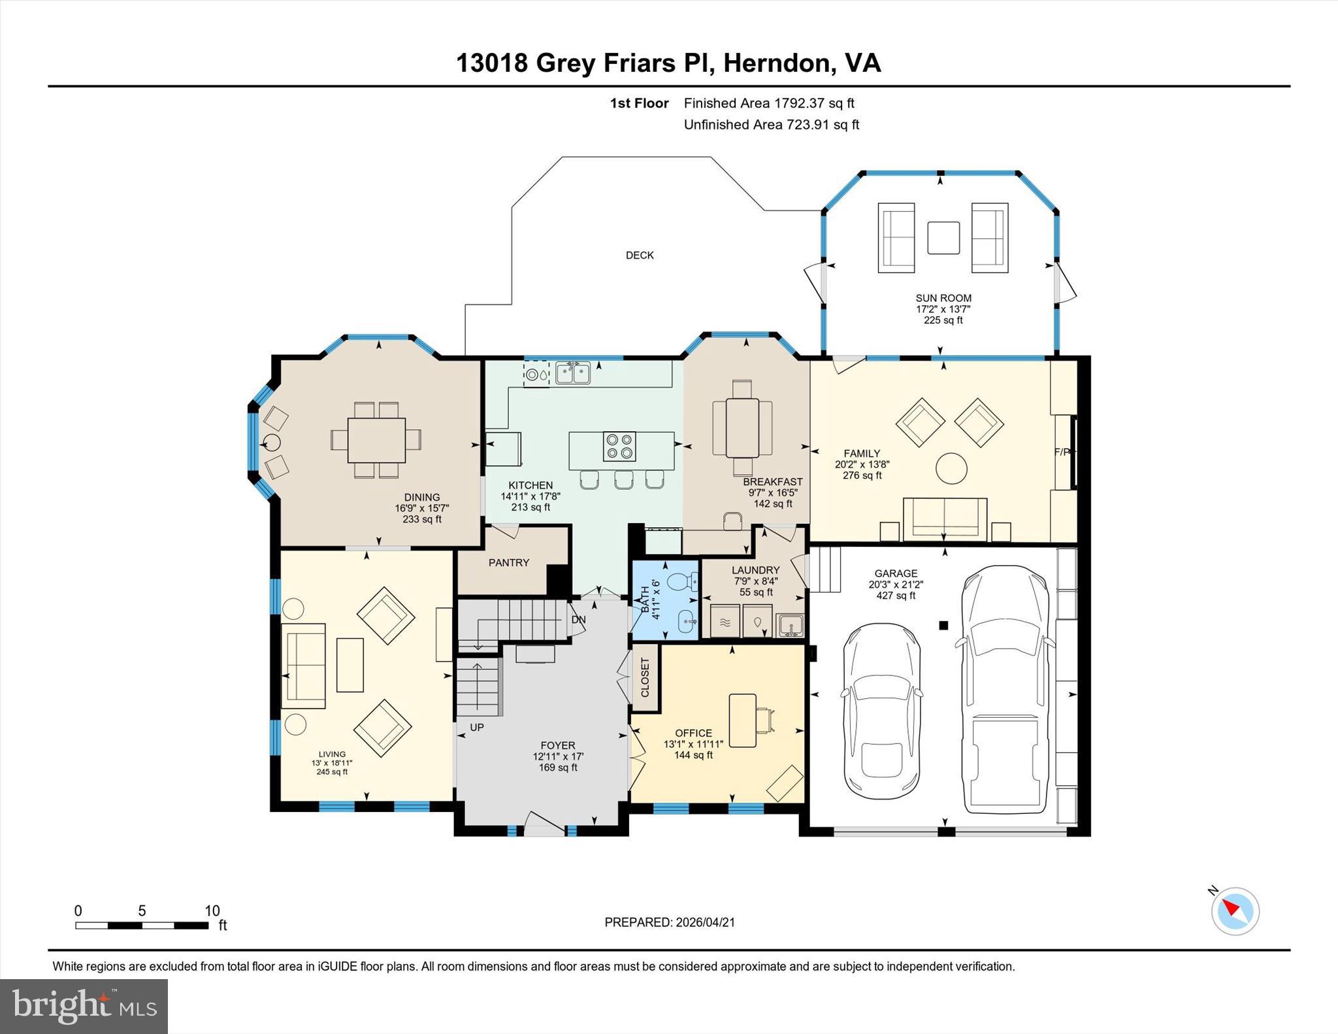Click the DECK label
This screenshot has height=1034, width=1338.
[639, 255]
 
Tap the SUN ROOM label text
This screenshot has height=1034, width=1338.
[943, 298]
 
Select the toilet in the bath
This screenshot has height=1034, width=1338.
[682, 581]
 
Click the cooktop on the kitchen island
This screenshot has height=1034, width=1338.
[619, 445]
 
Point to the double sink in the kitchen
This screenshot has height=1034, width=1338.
[573, 374]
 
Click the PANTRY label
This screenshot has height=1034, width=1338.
[508, 562]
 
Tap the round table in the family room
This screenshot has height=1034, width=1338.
[951, 468]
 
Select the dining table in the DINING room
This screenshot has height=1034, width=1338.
[376, 440]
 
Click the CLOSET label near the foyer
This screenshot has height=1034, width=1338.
[645, 677]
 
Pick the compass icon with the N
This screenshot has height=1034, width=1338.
[1235, 911]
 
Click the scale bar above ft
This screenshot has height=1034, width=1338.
[141, 925]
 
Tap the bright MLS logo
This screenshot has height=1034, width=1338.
[84, 1006]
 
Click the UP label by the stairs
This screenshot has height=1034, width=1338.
[477, 727]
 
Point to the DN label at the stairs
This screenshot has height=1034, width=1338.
[578, 619]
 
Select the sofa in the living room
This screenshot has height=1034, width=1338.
[303, 666]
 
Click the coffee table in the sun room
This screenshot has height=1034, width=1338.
[943, 238]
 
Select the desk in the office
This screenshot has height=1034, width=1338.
[742, 720]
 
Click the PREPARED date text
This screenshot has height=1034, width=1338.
[669, 922]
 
